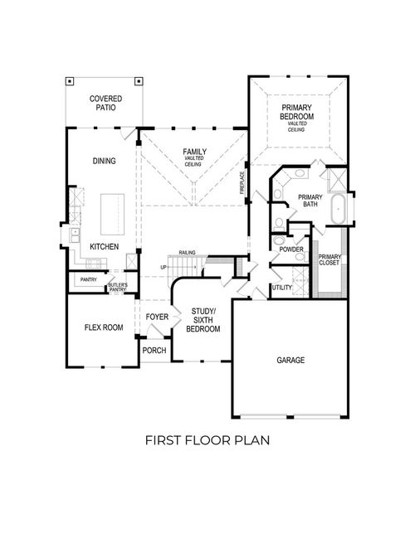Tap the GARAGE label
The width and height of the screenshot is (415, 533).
click(x=290, y=361)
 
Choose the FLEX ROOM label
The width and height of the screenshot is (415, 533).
click(x=104, y=327)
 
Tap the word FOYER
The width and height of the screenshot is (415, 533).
click(x=157, y=317)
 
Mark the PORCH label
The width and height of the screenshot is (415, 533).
click(x=154, y=351)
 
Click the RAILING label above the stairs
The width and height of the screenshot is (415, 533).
click(x=186, y=251)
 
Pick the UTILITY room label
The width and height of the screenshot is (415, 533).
click(x=282, y=288)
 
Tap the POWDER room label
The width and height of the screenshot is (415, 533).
click(x=290, y=249)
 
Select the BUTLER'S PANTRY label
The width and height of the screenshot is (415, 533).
click(x=117, y=287)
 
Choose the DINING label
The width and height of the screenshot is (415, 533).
click(x=105, y=162)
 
